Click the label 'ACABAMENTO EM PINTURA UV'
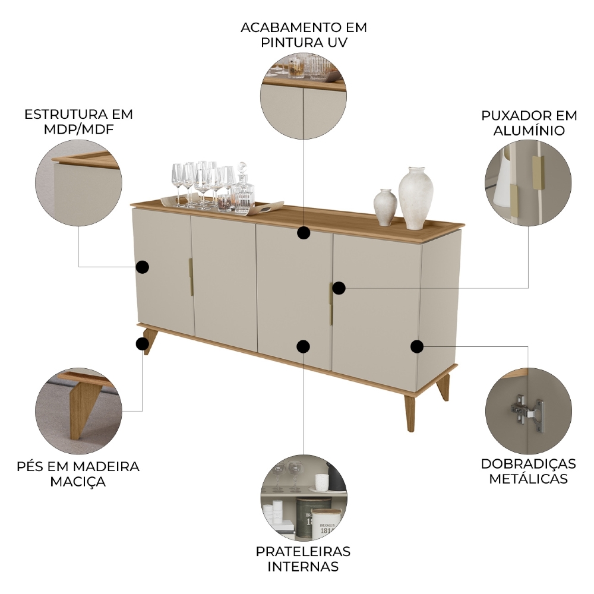(304, 35)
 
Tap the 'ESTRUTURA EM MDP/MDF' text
(78, 122)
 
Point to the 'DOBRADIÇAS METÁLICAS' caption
(528, 471)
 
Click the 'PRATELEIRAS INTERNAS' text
(304, 558)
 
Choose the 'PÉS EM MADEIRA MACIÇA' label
(78, 473)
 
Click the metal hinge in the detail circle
(526, 410)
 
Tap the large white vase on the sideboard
(416, 197)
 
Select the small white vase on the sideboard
(386, 207)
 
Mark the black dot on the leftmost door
(142, 267)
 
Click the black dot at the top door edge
(304, 232)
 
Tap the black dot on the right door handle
(339, 288)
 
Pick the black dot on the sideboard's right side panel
(417, 346)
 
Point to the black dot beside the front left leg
(142, 344)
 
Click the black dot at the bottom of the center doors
(304, 346)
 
